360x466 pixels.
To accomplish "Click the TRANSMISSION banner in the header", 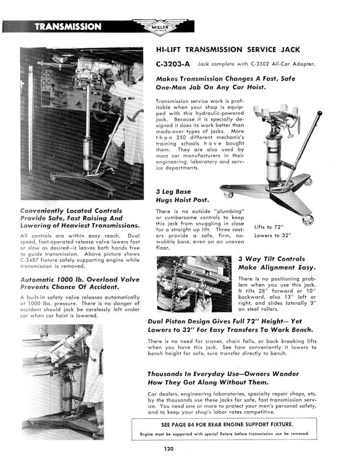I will click(x=68, y=26).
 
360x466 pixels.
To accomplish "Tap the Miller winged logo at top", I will click(x=155, y=28).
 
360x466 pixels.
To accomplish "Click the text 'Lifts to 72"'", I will click(x=269, y=227).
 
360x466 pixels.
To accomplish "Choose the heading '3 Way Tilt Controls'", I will click(x=271, y=258).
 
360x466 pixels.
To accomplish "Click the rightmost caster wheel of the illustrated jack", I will click(x=309, y=220).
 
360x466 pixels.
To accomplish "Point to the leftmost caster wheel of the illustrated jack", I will click(x=226, y=194).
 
